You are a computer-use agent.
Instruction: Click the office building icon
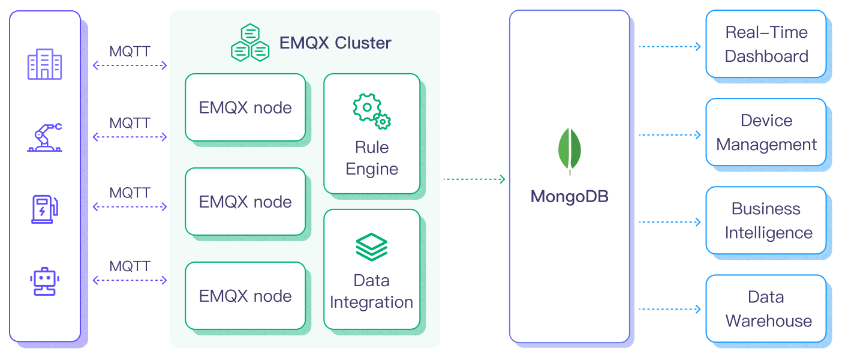coord(45,64)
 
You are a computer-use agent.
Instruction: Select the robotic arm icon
coord(45,137)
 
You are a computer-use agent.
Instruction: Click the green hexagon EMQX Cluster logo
coord(249,43)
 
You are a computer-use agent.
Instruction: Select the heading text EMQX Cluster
coord(335,43)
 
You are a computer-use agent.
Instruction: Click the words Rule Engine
coord(372,158)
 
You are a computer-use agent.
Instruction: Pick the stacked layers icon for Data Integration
coord(372,247)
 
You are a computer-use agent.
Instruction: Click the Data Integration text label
coord(372,292)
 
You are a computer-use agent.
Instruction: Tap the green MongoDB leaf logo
coord(569,151)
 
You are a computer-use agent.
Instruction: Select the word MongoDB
coord(569,196)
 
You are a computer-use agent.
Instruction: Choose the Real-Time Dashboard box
coord(766,44)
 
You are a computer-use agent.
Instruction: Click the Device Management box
coord(766,133)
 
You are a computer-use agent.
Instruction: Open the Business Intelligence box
coord(766,221)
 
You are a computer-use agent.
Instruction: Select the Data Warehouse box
coord(766,309)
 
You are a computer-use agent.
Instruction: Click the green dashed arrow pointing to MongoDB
coord(474,179)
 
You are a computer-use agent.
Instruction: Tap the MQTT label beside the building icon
coord(130,51)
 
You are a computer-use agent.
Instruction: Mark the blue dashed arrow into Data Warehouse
coord(670,310)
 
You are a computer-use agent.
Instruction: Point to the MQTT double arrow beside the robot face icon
coord(130,280)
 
